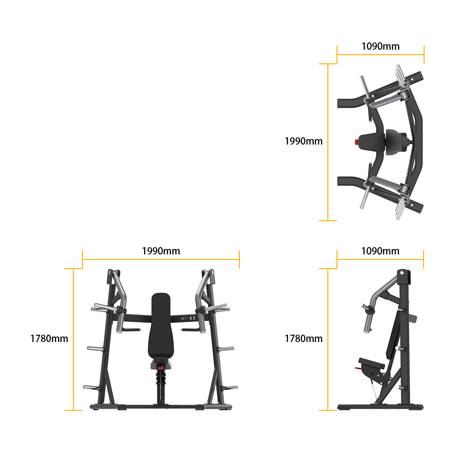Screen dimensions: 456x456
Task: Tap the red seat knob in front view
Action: [x=160, y=367]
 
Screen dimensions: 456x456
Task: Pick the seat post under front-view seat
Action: [x=160, y=388]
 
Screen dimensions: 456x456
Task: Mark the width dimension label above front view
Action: [x=161, y=251]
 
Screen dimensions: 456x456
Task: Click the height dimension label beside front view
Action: [x=49, y=338]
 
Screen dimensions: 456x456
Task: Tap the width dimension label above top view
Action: [x=380, y=46]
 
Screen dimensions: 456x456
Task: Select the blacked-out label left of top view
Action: [x=303, y=141]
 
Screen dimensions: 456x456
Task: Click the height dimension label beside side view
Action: [x=303, y=338]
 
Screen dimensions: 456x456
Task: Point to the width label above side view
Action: [x=380, y=251]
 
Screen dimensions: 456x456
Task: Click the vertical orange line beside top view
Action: [x=328, y=141]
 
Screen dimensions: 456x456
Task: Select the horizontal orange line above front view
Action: [x=161, y=259]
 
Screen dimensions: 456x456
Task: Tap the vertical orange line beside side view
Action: [x=328, y=338]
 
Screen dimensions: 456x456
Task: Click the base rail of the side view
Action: [x=380, y=407]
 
